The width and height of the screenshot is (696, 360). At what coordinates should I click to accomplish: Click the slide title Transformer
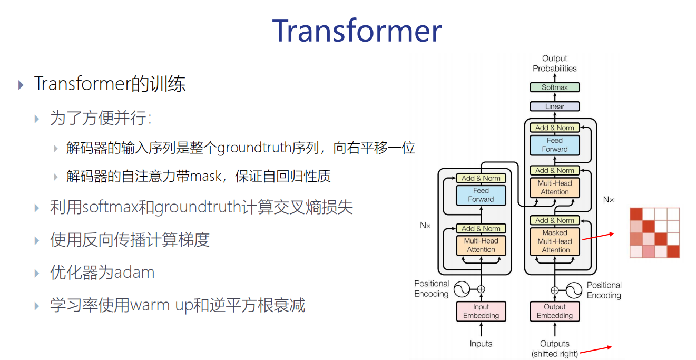coord(357,31)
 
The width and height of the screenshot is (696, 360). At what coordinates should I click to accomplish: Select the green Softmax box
coord(554,87)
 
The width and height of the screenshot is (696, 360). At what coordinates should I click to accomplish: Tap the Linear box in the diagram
coord(554,106)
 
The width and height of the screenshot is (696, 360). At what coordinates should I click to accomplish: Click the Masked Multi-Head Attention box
coord(555,241)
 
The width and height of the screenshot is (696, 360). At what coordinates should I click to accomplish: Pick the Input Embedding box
coord(481,311)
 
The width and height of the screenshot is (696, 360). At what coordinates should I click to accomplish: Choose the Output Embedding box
coord(554,311)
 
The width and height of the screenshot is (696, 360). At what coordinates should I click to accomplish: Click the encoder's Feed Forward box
coord(481,195)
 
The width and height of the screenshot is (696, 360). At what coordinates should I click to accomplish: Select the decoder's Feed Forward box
coord(554,145)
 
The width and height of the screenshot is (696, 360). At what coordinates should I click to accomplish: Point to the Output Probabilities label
coord(554,63)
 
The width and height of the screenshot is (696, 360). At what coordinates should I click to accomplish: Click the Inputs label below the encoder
coord(481,344)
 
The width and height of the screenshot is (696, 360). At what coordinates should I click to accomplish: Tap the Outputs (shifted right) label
coord(554,348)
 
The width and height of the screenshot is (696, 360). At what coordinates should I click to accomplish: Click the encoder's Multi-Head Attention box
coord(481,245)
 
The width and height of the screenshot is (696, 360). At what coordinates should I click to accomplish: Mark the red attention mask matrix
coord(655,233)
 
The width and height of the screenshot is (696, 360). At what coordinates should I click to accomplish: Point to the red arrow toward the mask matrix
coord(598,236)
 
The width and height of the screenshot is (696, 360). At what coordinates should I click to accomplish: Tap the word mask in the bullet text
coord(206,176)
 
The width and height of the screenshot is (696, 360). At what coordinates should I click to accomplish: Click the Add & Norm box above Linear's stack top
coord(554,128)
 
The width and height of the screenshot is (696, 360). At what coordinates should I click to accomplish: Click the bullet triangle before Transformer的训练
coord(21,85)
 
